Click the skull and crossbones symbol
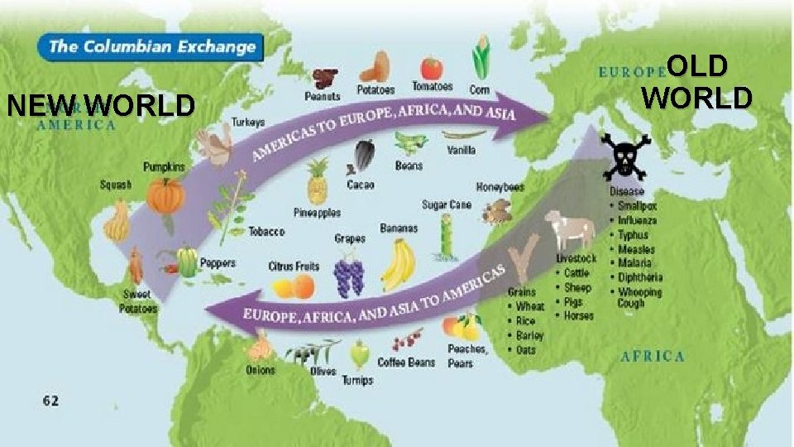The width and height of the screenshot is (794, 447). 625,156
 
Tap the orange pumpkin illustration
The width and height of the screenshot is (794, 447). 165,196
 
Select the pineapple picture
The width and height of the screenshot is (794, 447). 318,181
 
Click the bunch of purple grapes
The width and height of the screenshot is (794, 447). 348,274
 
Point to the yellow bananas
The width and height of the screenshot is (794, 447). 399,264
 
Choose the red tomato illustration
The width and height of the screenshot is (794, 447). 431,67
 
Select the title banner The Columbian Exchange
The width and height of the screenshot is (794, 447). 152,46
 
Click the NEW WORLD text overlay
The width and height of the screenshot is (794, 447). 100,106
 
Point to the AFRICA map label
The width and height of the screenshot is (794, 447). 653,357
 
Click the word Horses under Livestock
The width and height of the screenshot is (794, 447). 578,315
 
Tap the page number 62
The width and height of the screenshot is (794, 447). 50,401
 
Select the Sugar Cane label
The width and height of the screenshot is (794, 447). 447,204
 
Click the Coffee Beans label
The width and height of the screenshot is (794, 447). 406,362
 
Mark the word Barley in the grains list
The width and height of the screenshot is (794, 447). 530,335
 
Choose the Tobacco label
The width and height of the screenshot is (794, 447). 266,232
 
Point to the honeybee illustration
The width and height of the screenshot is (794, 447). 498,210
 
